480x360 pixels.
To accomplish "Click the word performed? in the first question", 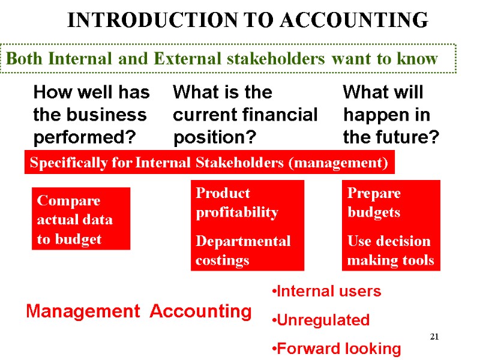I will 84,138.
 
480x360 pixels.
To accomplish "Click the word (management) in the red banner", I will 343,163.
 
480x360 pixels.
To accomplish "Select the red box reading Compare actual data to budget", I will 80,220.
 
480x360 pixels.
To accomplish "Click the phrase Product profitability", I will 237,202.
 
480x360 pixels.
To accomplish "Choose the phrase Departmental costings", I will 243,250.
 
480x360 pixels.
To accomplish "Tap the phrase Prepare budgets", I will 374,202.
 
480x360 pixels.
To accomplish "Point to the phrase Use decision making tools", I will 390,250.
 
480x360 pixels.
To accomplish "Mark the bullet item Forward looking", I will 335,349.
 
